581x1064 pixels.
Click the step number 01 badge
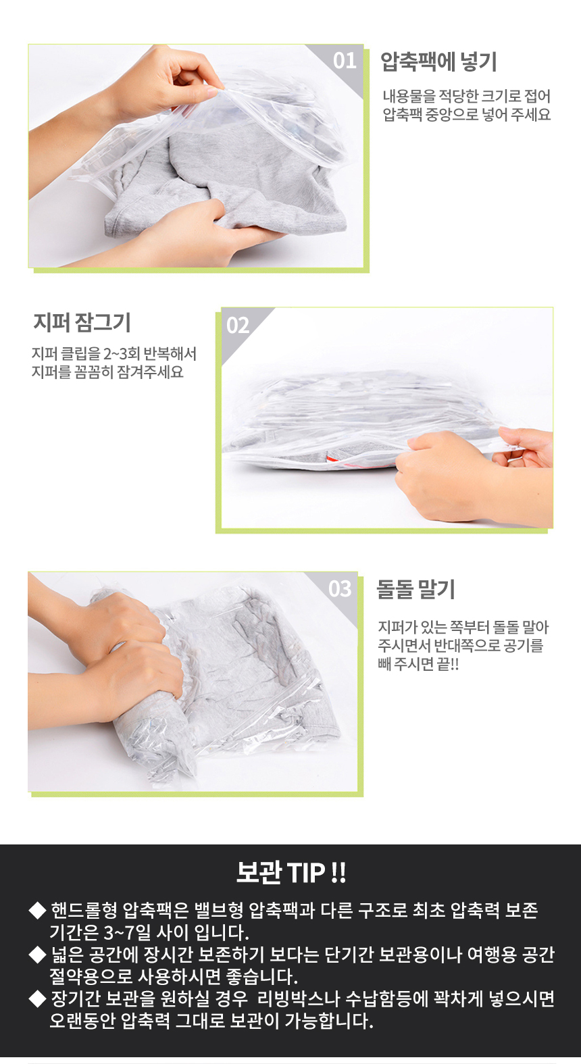coord(345,61)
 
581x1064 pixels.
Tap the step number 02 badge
coord(238,326)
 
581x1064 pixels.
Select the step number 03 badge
coord(340,588)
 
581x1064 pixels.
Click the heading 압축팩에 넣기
coord(438,61)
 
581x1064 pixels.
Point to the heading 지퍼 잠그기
coord(82,322)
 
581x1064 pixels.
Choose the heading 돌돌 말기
coord(415,590)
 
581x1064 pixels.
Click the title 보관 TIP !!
coord(290,873)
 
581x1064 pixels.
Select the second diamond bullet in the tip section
coord(37,955)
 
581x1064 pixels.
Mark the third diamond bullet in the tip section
coord(37,999)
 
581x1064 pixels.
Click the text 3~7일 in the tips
coord(127,933)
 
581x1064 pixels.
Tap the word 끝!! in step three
coord(447,663)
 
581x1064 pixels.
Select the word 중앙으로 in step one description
coord(452,115)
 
